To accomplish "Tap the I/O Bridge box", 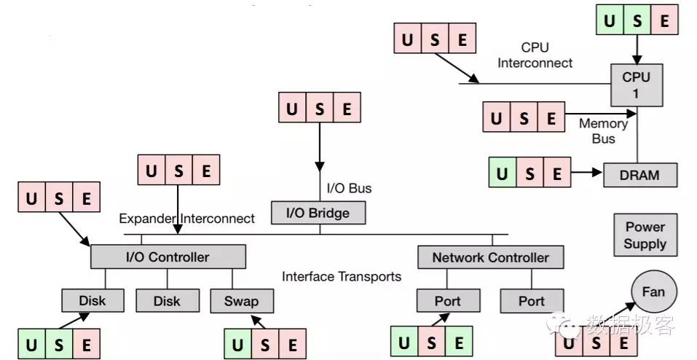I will pos(318,213).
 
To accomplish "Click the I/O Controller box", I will pos(168,257).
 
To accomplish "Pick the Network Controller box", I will pos(490,257).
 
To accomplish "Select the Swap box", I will pos(241,300).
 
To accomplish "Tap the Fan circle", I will pos(653,292).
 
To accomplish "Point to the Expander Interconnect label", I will pos(187,218).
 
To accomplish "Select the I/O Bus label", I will pos(348,188).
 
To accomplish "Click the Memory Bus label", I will pos(603,131).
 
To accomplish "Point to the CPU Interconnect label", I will pos(535,55).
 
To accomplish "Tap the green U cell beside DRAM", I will pos(502,174).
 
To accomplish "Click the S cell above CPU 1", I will pos(637,20).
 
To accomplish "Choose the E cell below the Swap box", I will pos(292,344).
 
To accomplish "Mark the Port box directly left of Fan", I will pos(532,300).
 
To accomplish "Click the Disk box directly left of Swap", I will pos(168,300).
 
